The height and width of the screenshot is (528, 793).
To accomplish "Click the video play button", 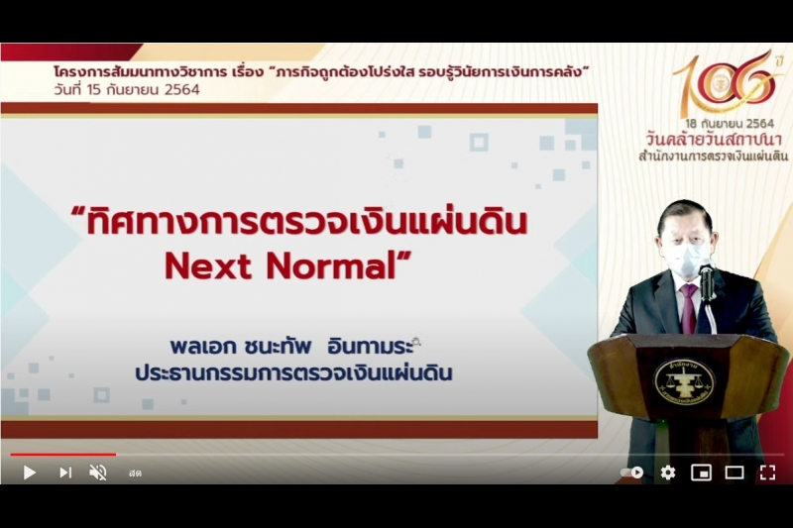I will point(29,473).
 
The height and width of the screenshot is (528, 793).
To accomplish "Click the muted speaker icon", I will point(97,473).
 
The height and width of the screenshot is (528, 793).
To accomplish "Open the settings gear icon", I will point(668,473).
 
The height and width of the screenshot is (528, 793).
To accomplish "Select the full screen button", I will point(767,473).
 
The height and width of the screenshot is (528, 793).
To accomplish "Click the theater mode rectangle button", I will point(735,473).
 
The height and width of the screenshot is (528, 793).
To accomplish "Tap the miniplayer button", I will point(701,473).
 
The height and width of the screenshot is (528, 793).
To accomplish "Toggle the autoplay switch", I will point(631,473).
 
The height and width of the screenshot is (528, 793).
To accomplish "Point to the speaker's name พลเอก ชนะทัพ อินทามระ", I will point(294,349).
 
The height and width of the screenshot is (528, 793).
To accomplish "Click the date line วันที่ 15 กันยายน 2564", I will point(127,89).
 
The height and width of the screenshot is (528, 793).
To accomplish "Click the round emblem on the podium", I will point(683,380).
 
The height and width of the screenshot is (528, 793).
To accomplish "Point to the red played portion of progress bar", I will point(59,455).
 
